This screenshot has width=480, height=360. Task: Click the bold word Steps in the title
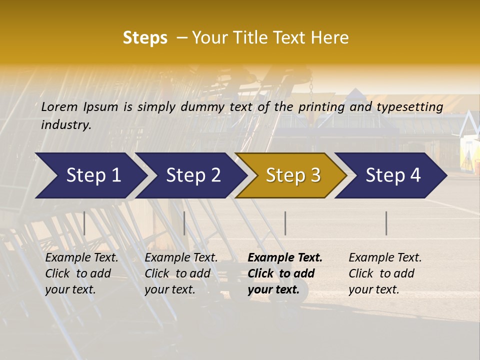[145, 38]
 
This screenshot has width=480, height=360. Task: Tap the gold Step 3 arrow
[290, 175]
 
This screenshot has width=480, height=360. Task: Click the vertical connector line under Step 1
[84, 223]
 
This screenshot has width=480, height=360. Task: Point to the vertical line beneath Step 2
[184, 223]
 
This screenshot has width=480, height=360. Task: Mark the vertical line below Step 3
[285, 223]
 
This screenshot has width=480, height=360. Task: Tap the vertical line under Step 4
[386, 223]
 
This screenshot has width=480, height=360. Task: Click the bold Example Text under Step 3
[285, 258]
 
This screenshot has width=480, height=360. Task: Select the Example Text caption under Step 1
[81, 258]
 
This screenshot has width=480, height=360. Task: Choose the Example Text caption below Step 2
[181, 258]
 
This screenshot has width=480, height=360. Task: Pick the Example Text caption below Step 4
[385, 258]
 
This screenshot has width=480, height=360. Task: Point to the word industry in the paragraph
[65, 125]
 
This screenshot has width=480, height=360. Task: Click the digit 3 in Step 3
[314, 175]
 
